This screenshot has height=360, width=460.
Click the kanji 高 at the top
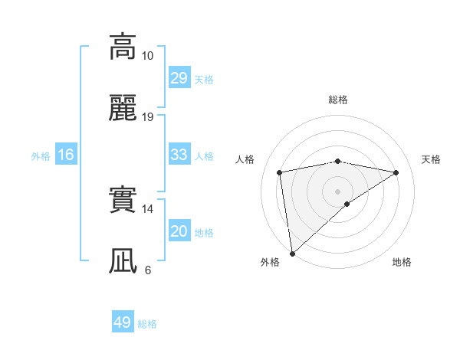(x=123, y=47)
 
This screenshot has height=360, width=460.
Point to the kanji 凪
(x=123, y=260)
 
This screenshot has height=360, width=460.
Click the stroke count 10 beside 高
(x=148, y=56)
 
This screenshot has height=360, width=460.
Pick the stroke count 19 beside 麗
(x=148, y=116)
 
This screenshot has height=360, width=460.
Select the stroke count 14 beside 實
(x=148, y=208)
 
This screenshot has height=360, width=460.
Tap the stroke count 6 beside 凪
(x=148, y=270)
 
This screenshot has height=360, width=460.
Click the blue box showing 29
(x=179, y=77)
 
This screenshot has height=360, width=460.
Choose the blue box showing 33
(x=179, y=155)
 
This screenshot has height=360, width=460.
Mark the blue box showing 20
(x=179, y=231)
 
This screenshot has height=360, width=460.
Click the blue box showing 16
(x=66, y=155)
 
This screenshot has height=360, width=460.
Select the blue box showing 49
(x=123, y=322)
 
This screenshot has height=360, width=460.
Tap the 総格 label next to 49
(x=148, y=324)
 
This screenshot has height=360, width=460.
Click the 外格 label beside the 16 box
(x=41, y=156)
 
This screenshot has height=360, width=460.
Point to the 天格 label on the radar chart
(x=431, y=159)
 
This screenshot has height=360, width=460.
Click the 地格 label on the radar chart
(x=402, y=262)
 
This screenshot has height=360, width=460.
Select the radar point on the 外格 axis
(x=292, y=253)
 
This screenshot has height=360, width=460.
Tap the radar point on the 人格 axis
(x=280, y=172)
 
